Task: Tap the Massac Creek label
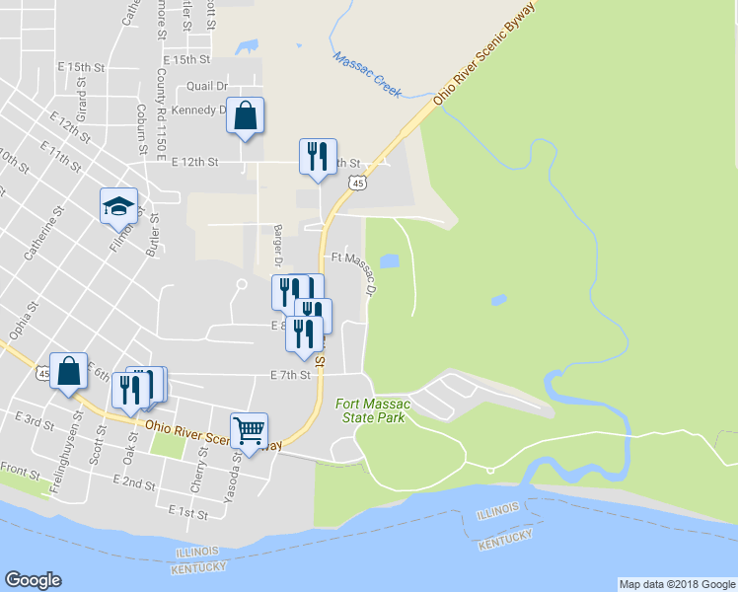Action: coord(367,74)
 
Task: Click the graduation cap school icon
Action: coord(118,207)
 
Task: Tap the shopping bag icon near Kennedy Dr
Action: coord(245,116)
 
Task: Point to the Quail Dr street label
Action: coord(200,86)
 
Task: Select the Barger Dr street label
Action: coord(279,245)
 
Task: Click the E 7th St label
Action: coord(290,375)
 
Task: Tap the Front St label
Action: coord(19,468)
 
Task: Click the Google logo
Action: coord(33,580)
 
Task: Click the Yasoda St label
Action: coord(230,474)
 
